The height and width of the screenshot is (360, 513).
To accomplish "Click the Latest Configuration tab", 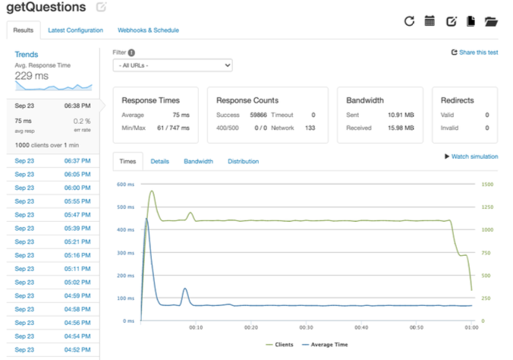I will [75, 30].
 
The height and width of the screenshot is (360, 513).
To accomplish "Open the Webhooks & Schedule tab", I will [148, 30].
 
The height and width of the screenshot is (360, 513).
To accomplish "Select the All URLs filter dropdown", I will [172, 66].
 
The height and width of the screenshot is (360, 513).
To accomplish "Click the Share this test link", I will [474, 52].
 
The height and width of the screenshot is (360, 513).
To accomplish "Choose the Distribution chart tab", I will [243, 162].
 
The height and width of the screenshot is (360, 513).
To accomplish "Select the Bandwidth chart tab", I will [198, 162].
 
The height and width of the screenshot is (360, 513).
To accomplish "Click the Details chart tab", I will [159, 162].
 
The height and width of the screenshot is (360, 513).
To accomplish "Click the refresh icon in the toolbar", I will [409, 21].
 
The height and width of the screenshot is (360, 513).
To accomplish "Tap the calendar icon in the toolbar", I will [430, 21].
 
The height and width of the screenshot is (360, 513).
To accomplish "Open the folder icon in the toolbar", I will [490, 21].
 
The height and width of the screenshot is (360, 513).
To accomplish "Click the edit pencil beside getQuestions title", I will [102, 8].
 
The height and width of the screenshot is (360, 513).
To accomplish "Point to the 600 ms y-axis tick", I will [125, 185].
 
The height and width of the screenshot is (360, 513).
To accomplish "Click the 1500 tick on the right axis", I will [487, 185].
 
